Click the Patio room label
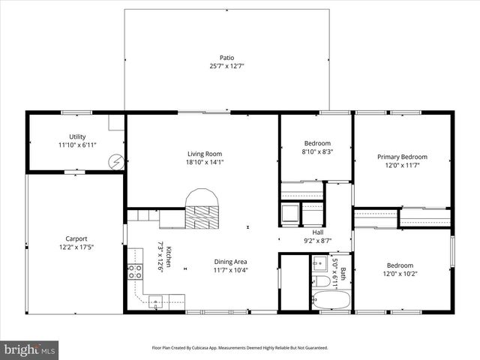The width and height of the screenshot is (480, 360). [x=226, y=57]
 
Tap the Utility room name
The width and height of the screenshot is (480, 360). [x=77, y=136]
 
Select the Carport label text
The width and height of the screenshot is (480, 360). [x=76, y=238]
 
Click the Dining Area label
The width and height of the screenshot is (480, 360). [x=230, y=262]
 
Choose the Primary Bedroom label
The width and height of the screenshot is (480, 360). [x=401, y=157]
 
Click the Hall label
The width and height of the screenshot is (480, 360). [x=318, y=232]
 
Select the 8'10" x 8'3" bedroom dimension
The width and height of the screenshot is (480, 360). [x=317, y=151]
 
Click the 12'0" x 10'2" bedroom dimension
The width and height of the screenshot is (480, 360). [x=400, y=274]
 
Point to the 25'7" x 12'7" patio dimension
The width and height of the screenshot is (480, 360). [x=226, y=66]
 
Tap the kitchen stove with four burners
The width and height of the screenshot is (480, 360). [x=135, y=272]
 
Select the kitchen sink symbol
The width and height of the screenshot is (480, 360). [x=156, y=302]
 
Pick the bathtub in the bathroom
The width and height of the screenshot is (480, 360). [x=331, y=301]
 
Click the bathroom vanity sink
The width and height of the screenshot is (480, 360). [x=318, y=263]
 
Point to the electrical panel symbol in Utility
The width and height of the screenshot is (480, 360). [x=115, y=161]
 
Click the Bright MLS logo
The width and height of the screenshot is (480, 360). [x=30, y=349]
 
